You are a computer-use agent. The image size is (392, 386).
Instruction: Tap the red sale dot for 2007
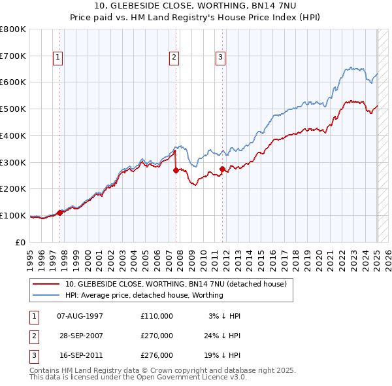point(176,170)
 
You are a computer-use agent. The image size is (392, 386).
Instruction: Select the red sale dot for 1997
point(59,213)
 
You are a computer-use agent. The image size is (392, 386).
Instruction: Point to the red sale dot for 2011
point(222,169)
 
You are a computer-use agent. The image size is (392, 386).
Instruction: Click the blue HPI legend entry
point(144,295)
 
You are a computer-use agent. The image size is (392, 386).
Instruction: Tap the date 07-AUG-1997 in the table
point(80,316)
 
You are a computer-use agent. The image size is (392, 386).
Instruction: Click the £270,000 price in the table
point(157,336)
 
